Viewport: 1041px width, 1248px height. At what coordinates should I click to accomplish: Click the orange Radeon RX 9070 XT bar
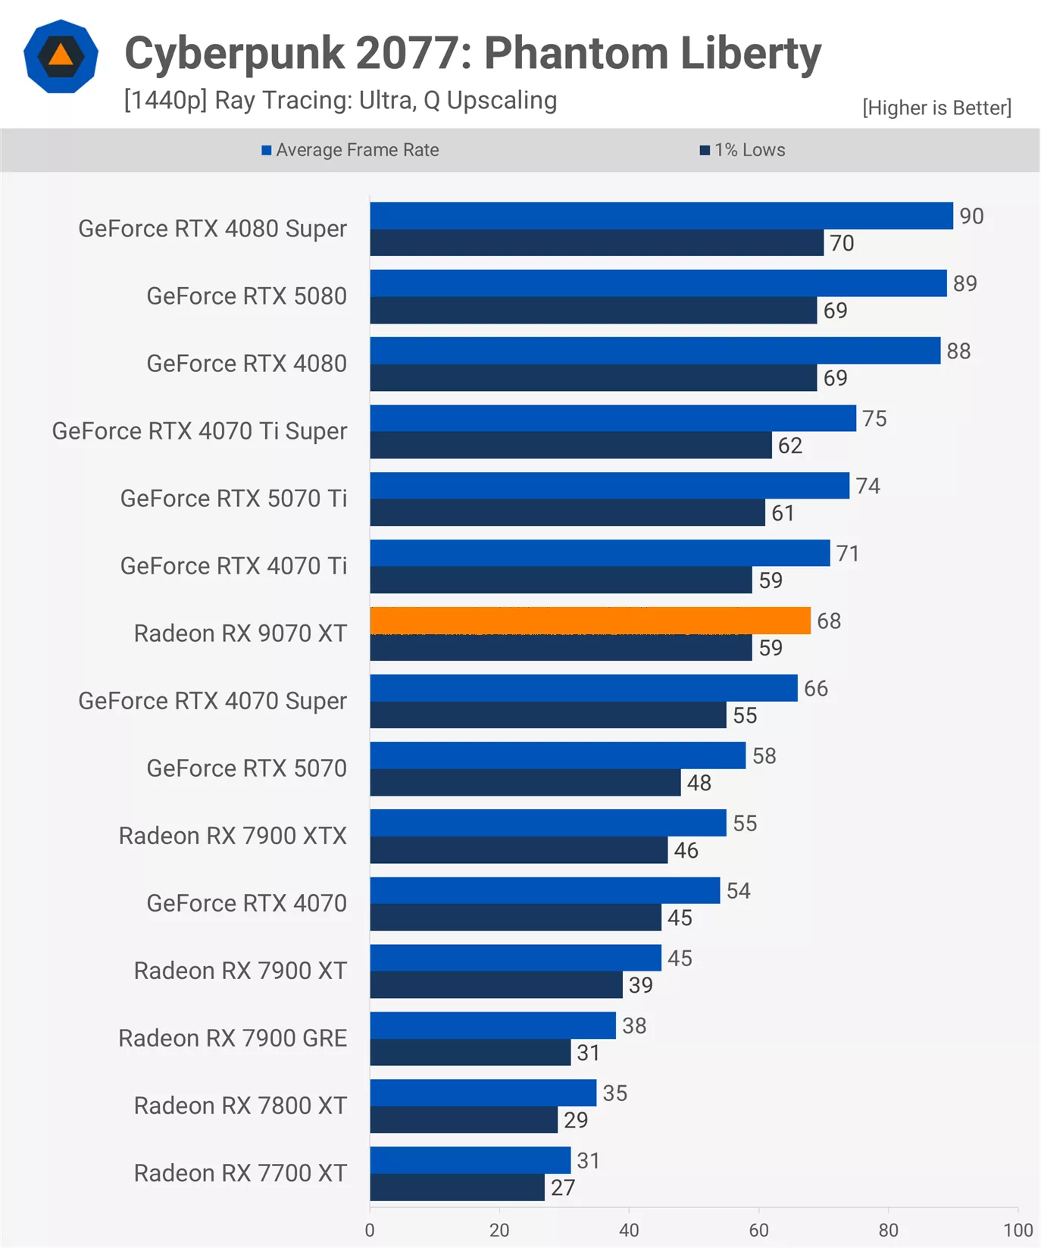590,621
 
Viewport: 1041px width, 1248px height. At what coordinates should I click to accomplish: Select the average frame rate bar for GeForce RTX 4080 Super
661,216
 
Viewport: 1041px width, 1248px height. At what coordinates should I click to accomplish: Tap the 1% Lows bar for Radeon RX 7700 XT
457,1187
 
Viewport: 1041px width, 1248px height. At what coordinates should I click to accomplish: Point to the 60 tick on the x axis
758,1230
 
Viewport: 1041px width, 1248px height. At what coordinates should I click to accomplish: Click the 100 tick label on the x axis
1018,1230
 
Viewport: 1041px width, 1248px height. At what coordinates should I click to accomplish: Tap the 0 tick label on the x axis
370,1230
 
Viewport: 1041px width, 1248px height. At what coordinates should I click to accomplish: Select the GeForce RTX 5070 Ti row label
233,499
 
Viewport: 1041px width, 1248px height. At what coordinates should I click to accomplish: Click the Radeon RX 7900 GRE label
233,1038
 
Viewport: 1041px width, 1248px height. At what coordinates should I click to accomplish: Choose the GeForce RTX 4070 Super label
212,701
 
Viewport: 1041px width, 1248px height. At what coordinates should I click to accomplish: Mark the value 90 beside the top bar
971,216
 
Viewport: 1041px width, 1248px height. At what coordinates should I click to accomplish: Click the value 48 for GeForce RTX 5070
699,783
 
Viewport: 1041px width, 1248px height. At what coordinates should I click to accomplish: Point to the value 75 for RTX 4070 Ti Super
874,418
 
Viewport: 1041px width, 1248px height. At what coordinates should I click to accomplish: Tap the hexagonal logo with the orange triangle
61,56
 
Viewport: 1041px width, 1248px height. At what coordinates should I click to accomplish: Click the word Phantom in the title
576,54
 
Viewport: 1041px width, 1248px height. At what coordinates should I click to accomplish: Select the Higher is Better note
936,108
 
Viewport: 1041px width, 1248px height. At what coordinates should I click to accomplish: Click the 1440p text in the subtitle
165,100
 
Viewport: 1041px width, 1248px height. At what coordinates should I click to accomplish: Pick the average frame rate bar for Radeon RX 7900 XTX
548,823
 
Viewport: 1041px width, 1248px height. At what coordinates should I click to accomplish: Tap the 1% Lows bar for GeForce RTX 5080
593,311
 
